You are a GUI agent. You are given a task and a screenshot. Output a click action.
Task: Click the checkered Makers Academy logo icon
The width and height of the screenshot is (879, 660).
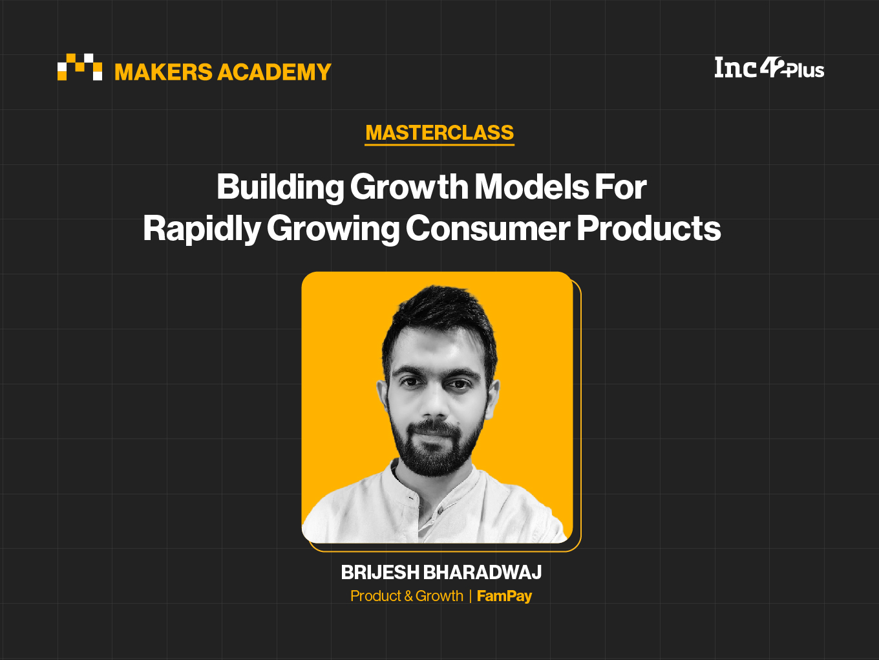(79, 67)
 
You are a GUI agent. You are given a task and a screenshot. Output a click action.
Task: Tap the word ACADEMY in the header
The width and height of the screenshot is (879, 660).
(274, 72)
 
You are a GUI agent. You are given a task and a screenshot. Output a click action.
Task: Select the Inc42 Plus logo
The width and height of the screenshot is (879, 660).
(769, 67)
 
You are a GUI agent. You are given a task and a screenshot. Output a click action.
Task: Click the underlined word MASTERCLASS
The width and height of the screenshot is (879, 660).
(439, 133)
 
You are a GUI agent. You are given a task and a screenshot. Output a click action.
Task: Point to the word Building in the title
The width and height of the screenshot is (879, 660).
(281, 188)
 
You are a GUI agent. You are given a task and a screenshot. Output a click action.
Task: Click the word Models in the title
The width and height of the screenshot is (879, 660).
(532, 187)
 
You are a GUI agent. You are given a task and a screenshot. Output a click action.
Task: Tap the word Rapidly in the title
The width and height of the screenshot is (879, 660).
(202, 230)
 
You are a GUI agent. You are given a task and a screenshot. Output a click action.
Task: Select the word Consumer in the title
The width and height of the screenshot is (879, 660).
(488, 229)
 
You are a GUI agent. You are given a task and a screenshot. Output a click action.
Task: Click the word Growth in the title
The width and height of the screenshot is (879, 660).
(409, 187)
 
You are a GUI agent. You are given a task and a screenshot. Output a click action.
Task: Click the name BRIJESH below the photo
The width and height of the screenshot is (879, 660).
(380, 572)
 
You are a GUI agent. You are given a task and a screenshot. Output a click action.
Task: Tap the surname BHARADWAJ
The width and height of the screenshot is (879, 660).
(483, 572)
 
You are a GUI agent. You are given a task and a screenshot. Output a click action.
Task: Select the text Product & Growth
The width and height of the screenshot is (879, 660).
(407, 596)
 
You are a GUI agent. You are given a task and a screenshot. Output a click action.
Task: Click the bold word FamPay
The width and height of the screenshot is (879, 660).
(505, 596)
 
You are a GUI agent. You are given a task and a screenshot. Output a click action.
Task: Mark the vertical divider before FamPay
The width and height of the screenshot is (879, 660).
(470, 597)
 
